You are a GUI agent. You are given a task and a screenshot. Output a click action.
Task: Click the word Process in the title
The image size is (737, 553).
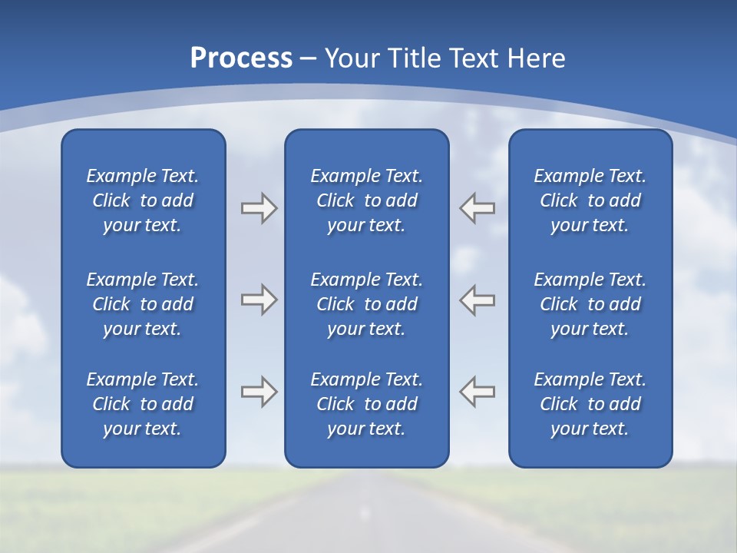click(x=241, y=58)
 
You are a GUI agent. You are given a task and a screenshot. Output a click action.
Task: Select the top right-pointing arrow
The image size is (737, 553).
click(x=259, y=208)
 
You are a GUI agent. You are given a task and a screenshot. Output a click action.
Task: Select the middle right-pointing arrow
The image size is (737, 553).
click(x=259, y=300)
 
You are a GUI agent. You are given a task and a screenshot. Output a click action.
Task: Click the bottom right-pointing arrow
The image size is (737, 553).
click(x=259, y=392)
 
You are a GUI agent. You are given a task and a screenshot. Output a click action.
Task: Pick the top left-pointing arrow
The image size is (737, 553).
click(x=477, y=208)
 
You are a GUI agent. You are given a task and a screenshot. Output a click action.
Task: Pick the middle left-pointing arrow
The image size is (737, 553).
click(x=477, y=300)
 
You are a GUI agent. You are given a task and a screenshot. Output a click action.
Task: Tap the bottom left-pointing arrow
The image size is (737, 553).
click(x=477, y=392)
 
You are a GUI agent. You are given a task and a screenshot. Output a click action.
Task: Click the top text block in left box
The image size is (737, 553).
click(x=143, y=200)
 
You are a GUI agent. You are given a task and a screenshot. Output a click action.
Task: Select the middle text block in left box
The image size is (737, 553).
click(x=143, y=304)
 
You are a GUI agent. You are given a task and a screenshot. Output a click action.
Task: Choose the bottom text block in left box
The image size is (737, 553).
click(x=143, y=404)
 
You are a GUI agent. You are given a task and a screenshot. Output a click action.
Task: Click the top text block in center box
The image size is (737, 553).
click(x=367, y=200)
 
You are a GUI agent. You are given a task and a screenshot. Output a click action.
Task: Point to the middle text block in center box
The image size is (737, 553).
click(x=367, y=304)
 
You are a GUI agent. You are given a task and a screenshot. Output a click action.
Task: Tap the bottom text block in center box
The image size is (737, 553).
click(x=367, y=404)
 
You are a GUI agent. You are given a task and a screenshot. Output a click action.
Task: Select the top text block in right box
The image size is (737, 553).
click(x=590, y=200)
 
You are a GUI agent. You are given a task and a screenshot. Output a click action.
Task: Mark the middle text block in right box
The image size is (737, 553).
click(x=590, y=304)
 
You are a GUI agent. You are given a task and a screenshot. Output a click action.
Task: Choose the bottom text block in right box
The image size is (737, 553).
click(x=590, y=404)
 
